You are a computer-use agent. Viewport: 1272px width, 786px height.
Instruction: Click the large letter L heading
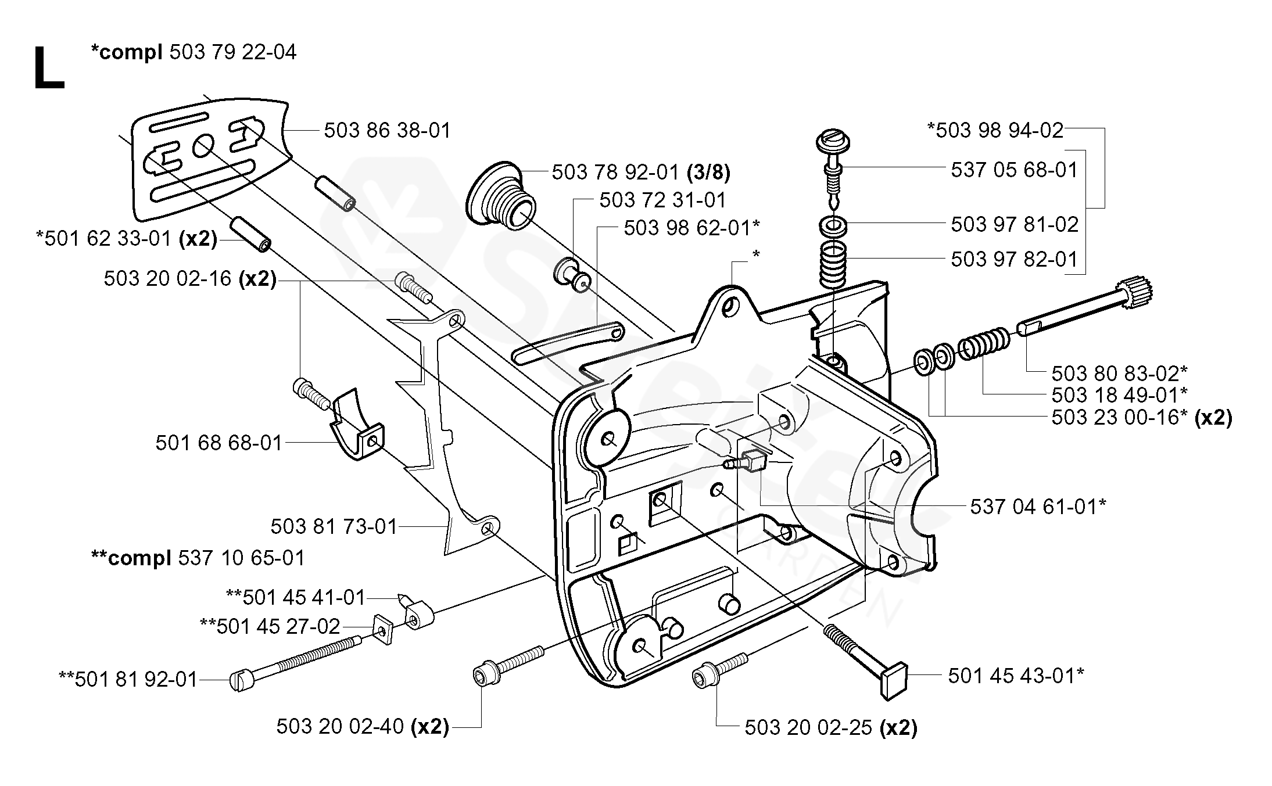pos(49,69)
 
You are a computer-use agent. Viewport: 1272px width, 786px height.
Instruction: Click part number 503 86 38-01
pos(387,131)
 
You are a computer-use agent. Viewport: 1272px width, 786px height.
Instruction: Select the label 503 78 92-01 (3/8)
pos(640,172)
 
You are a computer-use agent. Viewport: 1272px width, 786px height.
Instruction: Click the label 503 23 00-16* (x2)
pos(1141,418)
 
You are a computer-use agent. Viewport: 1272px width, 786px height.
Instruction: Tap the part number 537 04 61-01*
pos(1038,507)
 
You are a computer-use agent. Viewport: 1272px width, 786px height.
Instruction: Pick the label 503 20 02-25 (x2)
pos(831,728)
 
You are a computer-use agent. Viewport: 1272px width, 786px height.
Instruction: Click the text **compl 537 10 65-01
pos(198,558)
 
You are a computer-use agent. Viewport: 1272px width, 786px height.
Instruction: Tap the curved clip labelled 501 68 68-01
pos(356,430)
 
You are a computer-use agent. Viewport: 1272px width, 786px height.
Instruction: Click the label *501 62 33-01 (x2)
pos(127,239)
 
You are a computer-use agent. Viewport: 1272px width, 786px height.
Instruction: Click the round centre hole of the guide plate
pos(203,145)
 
